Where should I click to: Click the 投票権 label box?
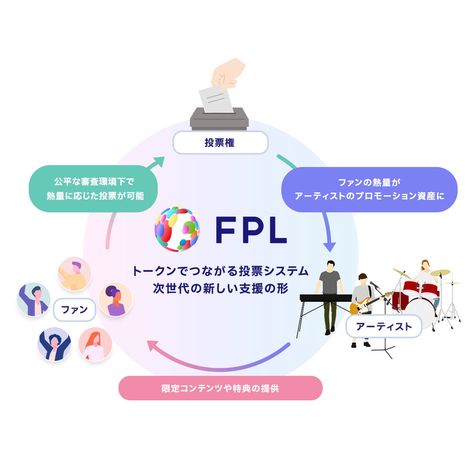pos(220,142)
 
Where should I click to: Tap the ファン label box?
pos(74,310)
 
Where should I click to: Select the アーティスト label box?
pos(384,326)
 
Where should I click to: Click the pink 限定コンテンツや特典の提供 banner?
pos(220,388)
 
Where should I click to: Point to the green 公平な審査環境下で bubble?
pos(93,189)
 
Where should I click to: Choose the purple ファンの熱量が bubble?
pos(369,189)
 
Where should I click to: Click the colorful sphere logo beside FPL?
pos(177,229)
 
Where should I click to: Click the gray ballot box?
pos(219,119)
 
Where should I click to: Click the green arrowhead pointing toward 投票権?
pos(158,162)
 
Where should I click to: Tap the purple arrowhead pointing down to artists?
pos(329,247)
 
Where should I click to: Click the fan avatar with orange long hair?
pos(95,344)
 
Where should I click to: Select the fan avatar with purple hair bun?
pos(115,299)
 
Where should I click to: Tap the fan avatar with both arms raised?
pos(54,344)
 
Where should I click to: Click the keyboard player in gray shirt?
pos(329,297)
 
